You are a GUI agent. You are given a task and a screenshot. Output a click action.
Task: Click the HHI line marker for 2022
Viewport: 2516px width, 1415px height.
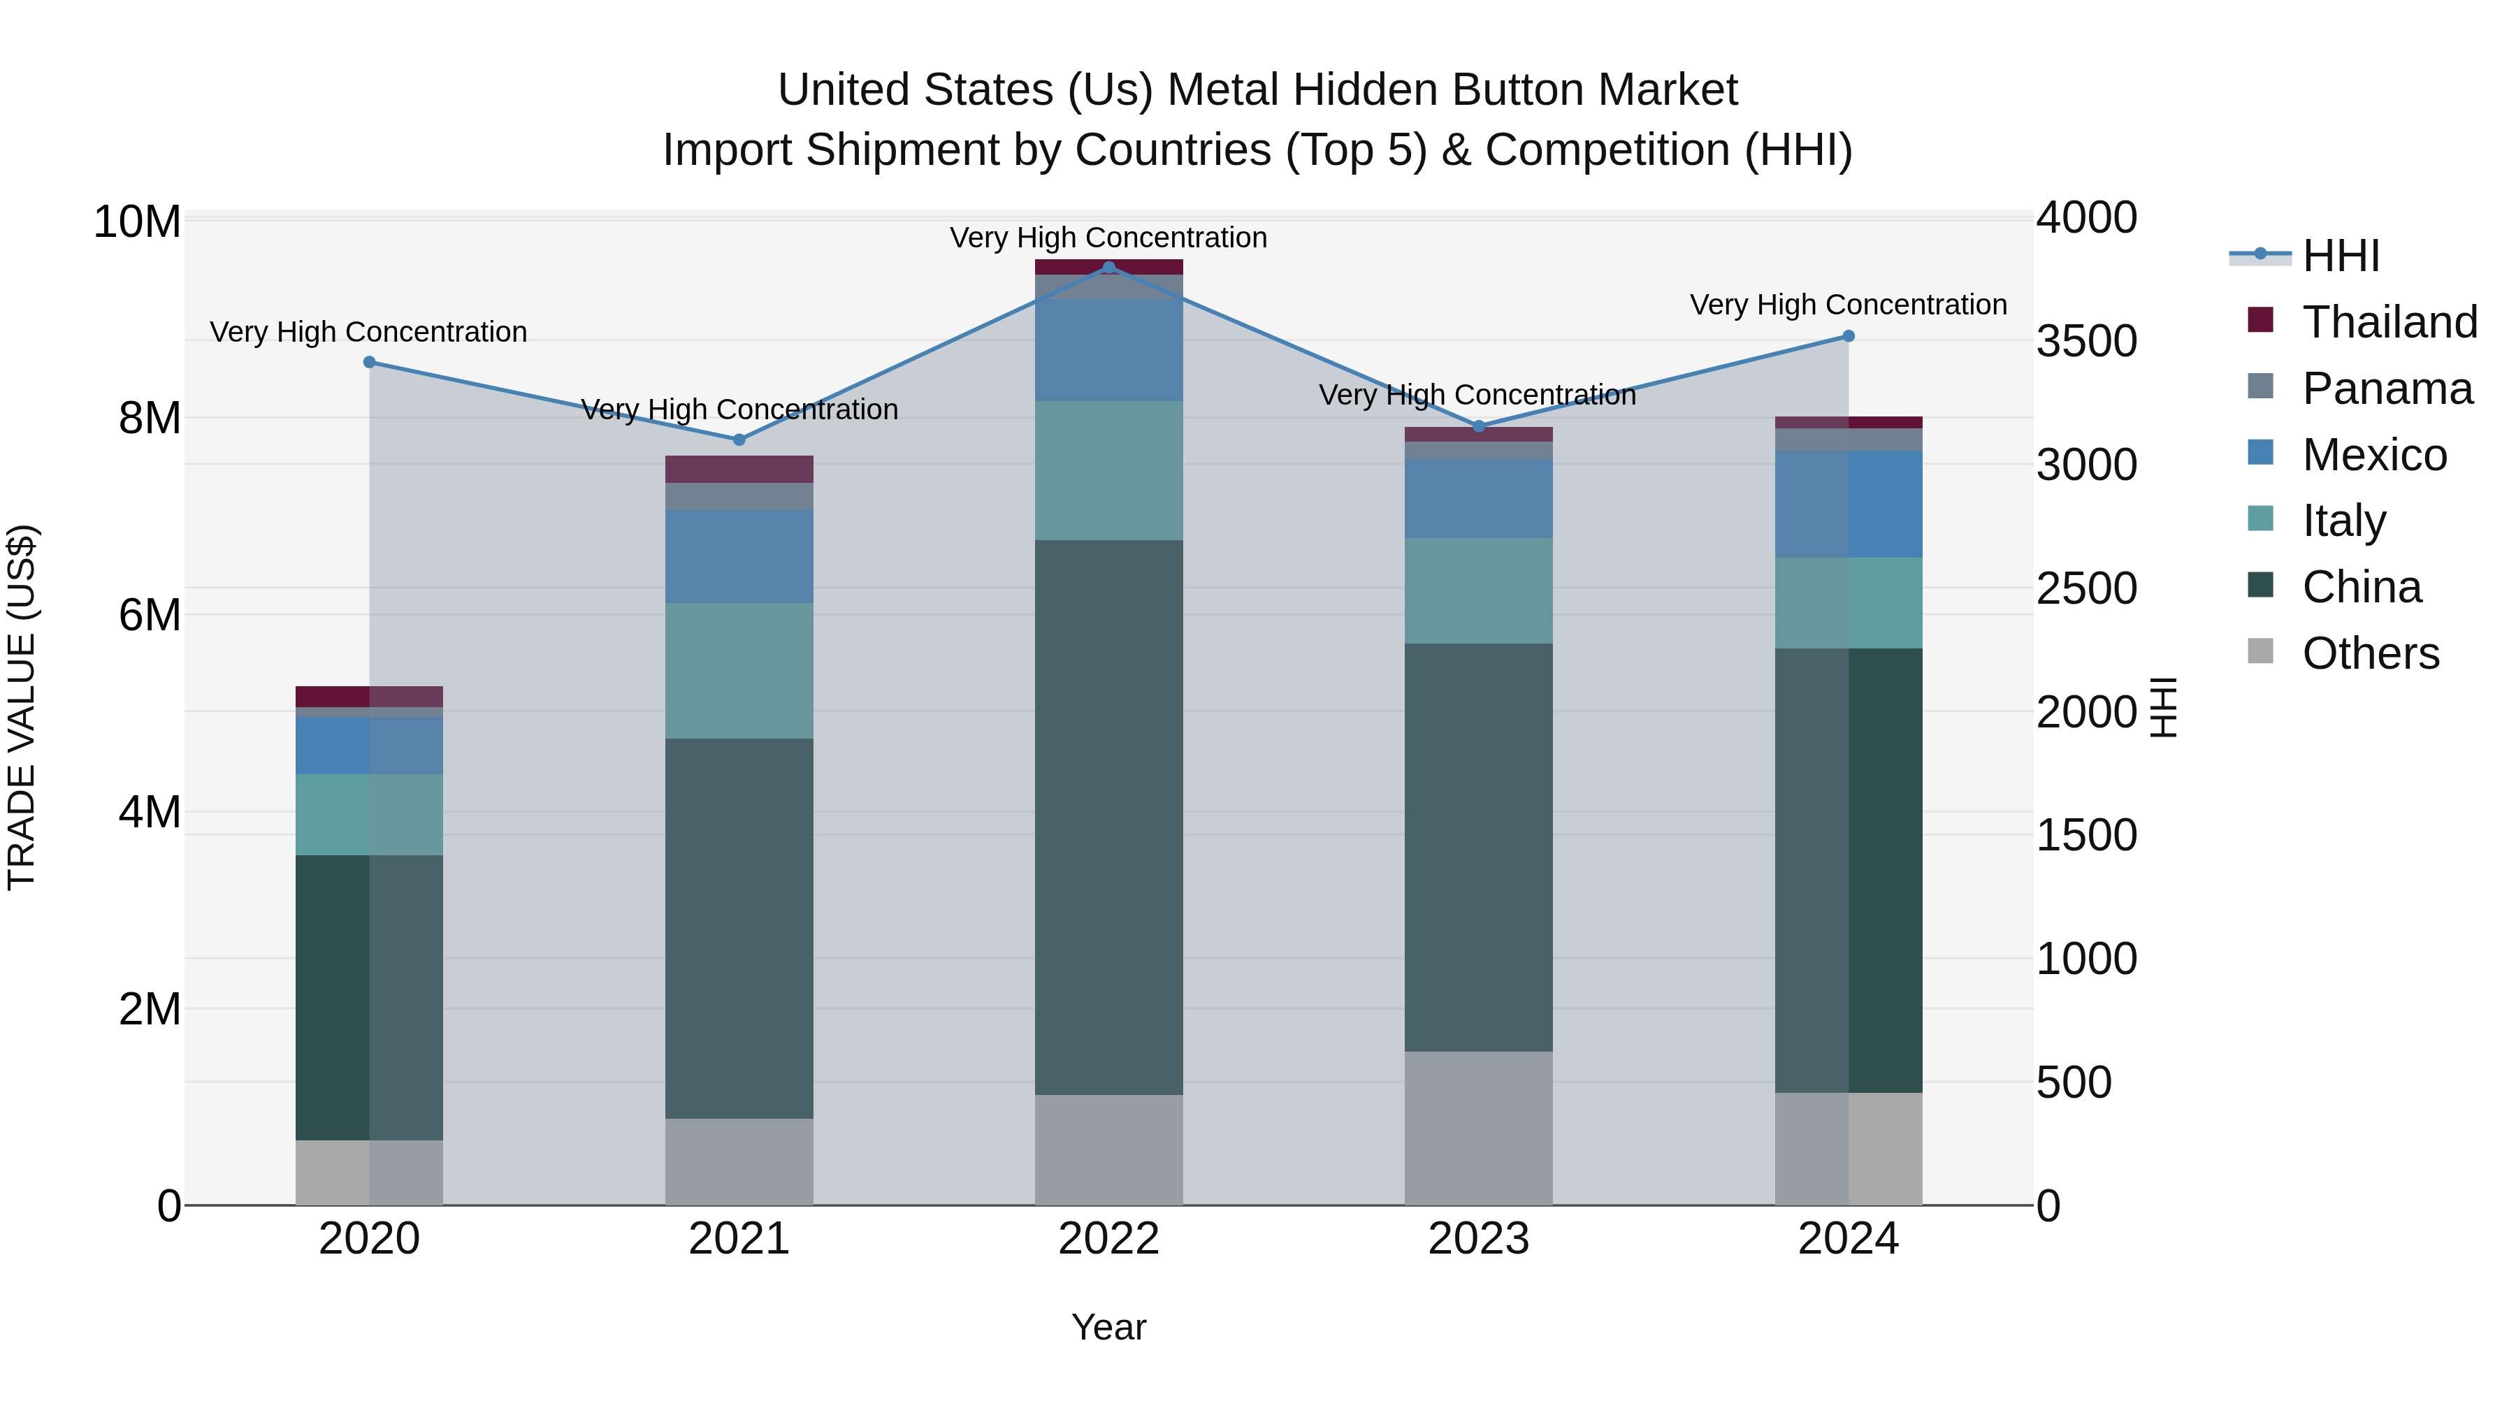[x=1108, y=267]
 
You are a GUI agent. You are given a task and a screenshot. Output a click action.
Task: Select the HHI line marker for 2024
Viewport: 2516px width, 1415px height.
[x=1848, y=336]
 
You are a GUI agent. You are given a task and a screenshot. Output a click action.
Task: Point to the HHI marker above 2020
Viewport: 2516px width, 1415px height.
[x=369, y=362]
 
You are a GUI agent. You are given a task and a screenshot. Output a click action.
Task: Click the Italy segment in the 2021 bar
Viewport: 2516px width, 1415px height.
[x=739, y=670]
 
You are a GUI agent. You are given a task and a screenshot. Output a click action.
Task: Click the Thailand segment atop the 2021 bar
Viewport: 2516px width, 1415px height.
[x=739, y=469]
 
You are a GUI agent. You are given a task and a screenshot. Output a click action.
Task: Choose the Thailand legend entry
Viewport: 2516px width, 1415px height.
[x=2364, y=322]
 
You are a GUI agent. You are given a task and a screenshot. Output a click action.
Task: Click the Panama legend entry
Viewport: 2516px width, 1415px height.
[x=2364, y=389]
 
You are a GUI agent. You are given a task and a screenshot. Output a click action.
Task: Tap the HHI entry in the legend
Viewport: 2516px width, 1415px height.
[x=2315, y=256]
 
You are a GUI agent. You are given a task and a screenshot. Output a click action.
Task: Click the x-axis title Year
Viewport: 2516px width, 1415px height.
[x=1108, y=1327]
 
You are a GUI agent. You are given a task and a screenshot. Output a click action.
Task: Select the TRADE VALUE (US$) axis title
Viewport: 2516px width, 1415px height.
[x=22, y=707]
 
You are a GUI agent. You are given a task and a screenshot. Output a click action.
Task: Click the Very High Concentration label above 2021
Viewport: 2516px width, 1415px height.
[x=739, y=409]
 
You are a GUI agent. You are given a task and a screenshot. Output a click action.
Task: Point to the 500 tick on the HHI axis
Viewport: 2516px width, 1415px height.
[x=2074, y=1082]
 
